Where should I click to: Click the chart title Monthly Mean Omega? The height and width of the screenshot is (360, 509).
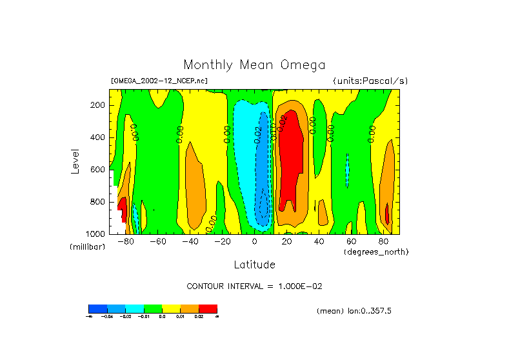[254, 65]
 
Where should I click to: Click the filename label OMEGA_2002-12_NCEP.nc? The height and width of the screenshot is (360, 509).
[159, 81]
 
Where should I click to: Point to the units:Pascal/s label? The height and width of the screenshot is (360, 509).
[370, 81]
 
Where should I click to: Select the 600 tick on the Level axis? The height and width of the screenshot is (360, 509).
[98, 170]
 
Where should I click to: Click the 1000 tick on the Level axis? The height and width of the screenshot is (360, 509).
[95, 234]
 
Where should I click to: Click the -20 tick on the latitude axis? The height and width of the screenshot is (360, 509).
[222, 241]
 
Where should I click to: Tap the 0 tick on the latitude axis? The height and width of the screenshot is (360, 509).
[254, 241]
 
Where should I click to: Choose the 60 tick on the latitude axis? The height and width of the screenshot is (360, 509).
[351, 241]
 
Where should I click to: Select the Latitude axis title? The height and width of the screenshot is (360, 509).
[254, 265]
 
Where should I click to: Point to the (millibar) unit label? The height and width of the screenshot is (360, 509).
[87, 247]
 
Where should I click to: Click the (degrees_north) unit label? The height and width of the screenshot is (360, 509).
[376, 251]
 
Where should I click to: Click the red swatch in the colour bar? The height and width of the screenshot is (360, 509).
[208, 308]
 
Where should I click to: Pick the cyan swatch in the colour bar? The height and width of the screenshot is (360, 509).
[134, 308]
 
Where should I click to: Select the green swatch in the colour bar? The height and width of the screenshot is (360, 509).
[153, 308]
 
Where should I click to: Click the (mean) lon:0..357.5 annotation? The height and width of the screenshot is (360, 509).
[354, 310]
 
